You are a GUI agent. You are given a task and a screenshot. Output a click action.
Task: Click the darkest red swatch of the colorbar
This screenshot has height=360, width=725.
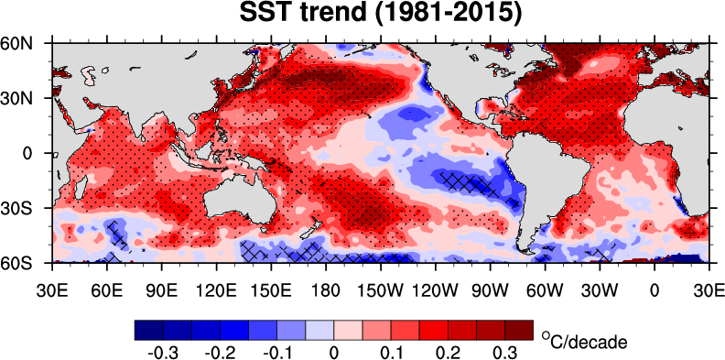tap(521, 329)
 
